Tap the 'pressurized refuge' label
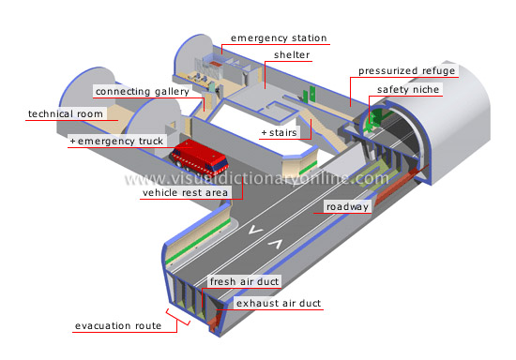click(x=406, y=70)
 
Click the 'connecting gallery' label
click(x=147, y=92)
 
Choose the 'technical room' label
click(x=64, y=114)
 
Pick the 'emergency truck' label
click(x=119, y=142)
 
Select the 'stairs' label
click(x=280, y=132)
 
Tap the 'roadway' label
click(x=346, y=207)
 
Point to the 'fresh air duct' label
click(x=244, y=281)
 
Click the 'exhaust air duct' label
click(x=279, y=304)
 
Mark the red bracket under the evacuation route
click(x=178, y=319)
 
